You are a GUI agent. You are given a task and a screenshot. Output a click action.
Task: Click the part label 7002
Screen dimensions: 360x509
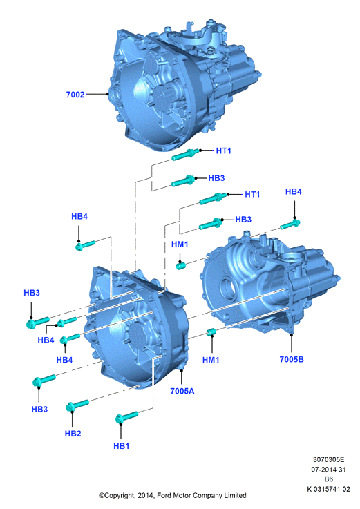[75, 95]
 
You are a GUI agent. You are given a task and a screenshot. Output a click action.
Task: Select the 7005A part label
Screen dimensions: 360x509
[182, 391]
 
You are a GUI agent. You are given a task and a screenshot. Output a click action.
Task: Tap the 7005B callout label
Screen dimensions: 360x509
[292, 359]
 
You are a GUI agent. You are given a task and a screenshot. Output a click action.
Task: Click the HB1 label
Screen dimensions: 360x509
[121, 446]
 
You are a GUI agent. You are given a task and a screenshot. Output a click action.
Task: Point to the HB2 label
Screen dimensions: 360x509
[73, 434]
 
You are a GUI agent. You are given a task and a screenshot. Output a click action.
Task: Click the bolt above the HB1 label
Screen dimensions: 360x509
[126, 417]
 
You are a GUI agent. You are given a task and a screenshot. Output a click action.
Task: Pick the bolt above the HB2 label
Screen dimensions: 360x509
[77, 405]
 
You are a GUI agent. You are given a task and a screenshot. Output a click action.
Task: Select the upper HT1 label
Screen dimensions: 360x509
[224, 151]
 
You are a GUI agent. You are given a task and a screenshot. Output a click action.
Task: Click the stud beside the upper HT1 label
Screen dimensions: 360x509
[185, 155]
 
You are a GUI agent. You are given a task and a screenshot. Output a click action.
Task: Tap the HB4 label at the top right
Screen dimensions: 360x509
[294, 192]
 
